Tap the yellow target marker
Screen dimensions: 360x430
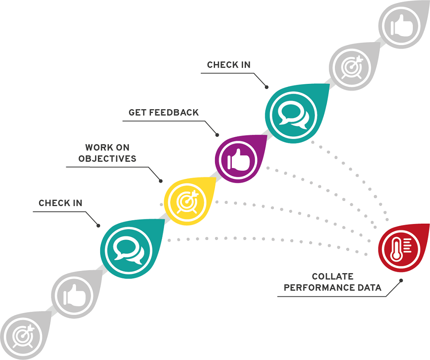[x=186, y=200]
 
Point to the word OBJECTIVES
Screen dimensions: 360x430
[x=107, y=159]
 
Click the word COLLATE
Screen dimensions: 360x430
[x=333, y=277]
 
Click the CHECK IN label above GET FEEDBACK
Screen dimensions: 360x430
[x=229, y=65]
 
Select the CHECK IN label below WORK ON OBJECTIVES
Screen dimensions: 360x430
[x=60, y=203]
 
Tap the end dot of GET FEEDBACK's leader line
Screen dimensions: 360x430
[x=217, y=135]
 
